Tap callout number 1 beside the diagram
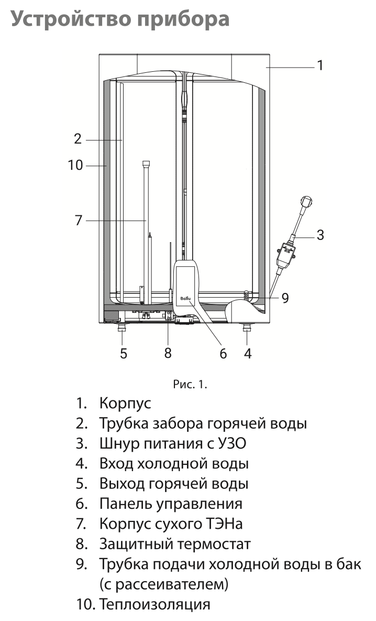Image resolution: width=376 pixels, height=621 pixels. point(320,66)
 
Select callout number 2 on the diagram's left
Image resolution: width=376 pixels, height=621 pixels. point(78,139)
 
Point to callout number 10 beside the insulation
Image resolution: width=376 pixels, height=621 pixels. point(75,165)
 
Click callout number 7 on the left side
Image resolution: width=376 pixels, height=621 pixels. point(79,220)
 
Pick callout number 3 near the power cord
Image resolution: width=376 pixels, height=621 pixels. point(320,235)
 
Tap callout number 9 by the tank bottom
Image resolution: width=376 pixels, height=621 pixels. point(285,298)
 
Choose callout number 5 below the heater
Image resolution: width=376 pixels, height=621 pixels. point(123,353)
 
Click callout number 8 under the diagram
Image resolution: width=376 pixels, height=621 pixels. point(168,353)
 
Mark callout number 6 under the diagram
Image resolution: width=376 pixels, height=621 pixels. point(223,354)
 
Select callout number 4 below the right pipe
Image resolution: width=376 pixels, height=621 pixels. point(248,354)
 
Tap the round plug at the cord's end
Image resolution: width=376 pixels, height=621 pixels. point(306,201)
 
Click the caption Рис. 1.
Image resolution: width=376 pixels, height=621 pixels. point(190,385)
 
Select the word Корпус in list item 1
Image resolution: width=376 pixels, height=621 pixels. point(125,404)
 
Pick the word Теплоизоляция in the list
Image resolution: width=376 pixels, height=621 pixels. point(155,604)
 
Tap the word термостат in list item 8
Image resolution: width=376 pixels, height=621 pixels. point(208,543)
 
